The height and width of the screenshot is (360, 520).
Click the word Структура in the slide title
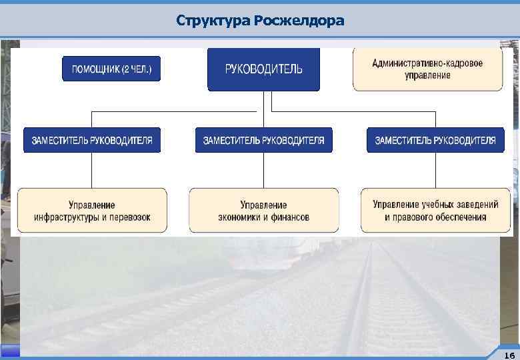coord(213,21)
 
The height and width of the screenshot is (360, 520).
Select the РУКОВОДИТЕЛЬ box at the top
coord(263,69)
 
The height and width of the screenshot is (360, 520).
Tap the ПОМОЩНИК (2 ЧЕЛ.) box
coord(111,69)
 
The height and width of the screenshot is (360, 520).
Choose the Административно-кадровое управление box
coord(427,69)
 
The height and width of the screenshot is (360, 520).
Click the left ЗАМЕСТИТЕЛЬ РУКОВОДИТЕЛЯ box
coord(92,140)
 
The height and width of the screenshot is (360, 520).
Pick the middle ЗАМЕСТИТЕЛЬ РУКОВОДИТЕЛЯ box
coord(263,140)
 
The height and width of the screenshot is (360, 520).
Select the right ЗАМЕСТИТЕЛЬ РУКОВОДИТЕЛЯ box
coord(435,140)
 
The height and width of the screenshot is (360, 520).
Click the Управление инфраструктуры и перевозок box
coord(92,211)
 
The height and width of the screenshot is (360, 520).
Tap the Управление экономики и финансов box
coord(263,211)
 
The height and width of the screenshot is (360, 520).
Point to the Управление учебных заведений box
coord(435,211)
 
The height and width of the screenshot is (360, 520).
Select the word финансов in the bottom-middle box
coord(289,217)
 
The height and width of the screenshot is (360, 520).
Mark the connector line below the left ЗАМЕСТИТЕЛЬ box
coord(92,170)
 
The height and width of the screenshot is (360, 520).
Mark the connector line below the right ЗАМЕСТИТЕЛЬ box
coord(435,170)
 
